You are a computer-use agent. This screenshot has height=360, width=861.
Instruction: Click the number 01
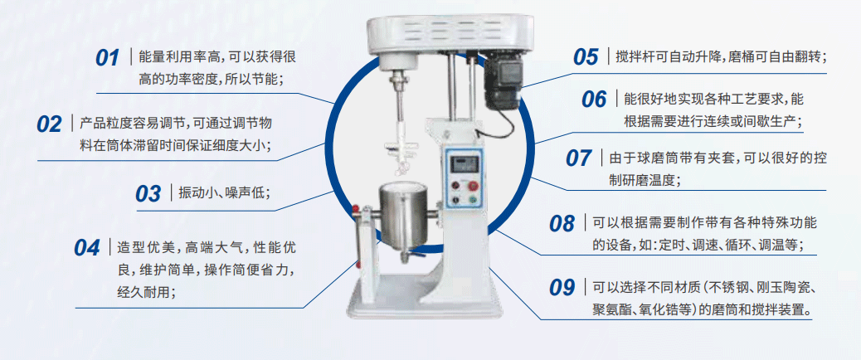click(108, 59)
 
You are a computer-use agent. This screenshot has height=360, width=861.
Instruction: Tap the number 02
click(50, 124)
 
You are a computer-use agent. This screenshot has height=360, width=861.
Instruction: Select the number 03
click(148, 194)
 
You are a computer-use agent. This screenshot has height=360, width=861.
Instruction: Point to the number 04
click(87, 247)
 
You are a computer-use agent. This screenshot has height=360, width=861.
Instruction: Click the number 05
click(586, 57)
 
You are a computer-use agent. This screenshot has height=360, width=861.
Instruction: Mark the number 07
click(578, 158)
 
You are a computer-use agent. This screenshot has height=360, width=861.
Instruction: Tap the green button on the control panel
click(474, 200)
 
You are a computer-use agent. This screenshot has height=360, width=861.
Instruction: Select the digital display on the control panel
click(465, 163)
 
